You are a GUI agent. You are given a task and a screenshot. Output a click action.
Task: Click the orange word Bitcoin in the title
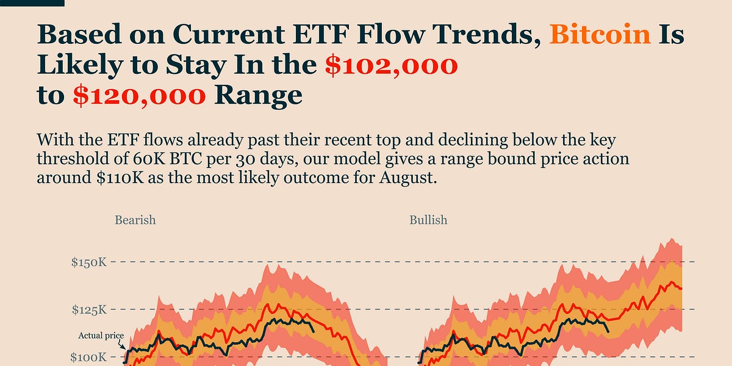pos(600,35)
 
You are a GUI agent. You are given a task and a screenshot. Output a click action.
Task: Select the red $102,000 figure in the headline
pos(390,65)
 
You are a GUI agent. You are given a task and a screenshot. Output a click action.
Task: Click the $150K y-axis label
pos(89,262)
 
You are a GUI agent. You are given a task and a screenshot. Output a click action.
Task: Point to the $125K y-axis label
pos(89,310)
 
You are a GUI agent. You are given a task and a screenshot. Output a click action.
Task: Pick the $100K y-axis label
pos(89,357)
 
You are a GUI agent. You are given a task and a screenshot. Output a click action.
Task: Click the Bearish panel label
pos(135,220)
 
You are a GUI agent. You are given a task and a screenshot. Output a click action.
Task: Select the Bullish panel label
pos(428,220)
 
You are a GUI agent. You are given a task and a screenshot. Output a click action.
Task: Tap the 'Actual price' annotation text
pos(101,335)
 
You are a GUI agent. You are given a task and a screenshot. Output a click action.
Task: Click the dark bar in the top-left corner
pos(32,3)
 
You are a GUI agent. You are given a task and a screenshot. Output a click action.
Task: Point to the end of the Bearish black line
pos(314,331)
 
